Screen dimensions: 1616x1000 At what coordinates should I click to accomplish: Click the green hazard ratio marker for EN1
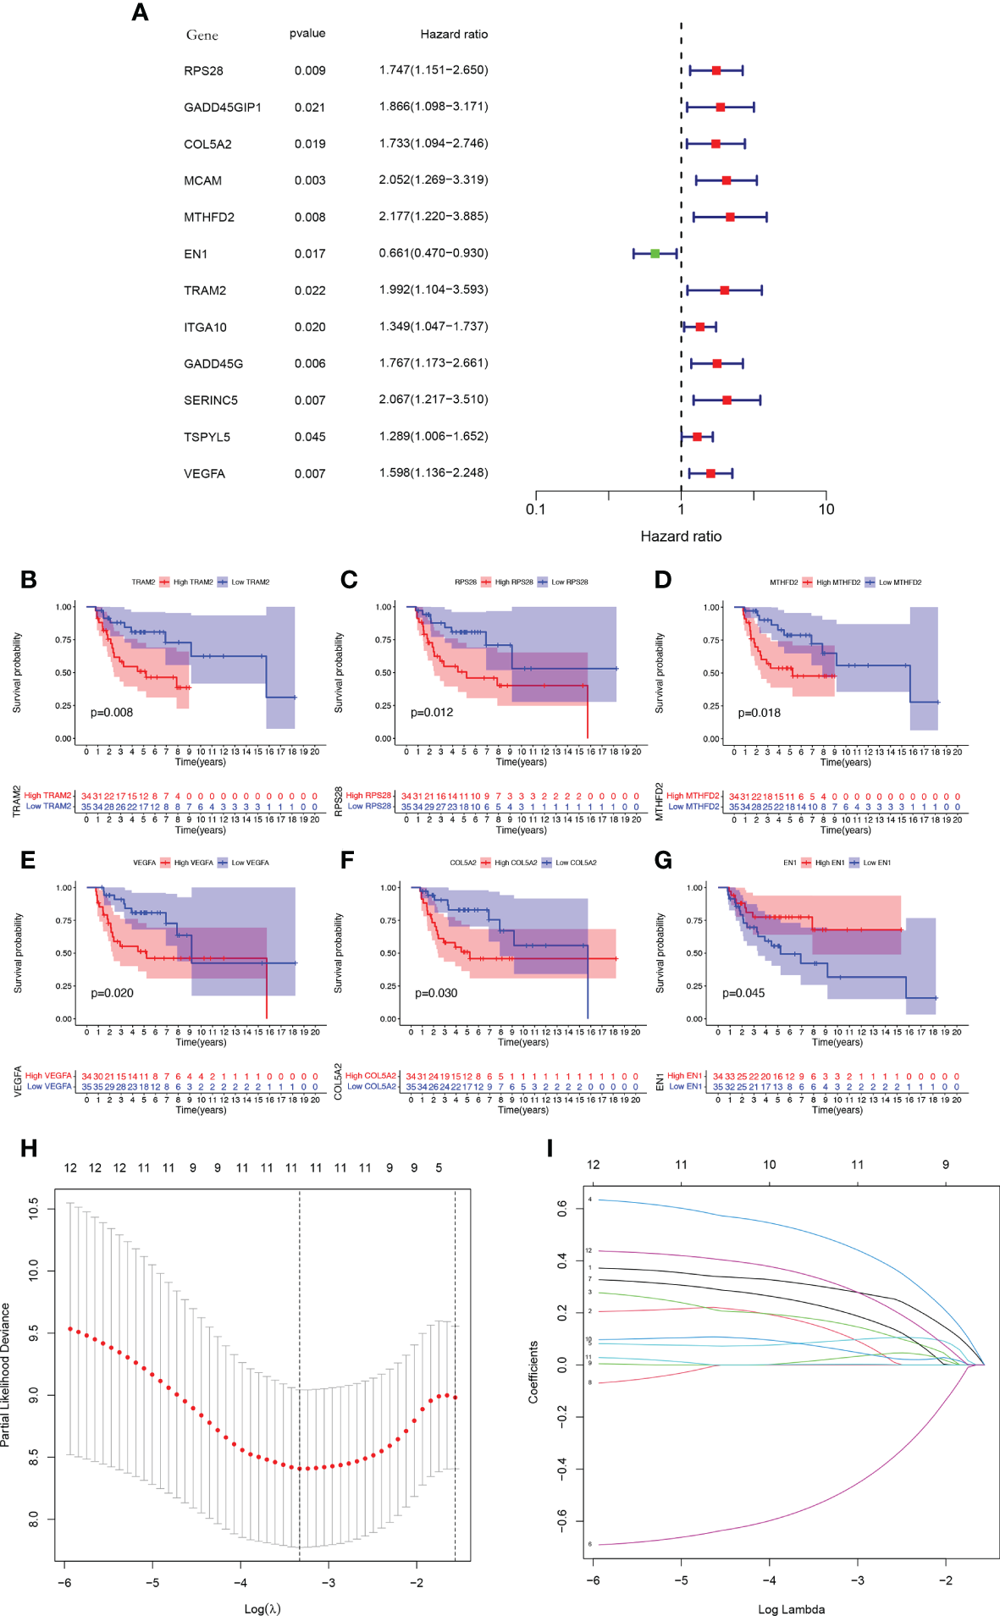pos(655,253)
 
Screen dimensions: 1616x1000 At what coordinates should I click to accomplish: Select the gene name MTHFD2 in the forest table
pos(209,218)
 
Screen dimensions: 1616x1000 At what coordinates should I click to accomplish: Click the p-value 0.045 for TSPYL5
pos(310,437)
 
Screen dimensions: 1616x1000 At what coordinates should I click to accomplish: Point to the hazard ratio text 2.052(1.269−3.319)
pos(434,179)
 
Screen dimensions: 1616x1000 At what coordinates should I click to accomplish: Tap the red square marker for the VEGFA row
pos(710,474)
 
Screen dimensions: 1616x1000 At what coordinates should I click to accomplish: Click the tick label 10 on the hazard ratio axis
pos(826,509)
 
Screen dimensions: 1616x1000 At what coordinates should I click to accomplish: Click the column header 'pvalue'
pos(307,33)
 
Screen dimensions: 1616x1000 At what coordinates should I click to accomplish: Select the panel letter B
pos(29,580)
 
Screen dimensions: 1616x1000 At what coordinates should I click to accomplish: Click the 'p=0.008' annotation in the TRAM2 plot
pos(112,712)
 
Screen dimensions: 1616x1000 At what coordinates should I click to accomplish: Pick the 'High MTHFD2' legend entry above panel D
pos(837,582)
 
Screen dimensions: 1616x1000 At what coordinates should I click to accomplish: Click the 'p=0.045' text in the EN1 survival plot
pos(743,993)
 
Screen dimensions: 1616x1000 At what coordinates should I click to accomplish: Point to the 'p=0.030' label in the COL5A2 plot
pos(436,993)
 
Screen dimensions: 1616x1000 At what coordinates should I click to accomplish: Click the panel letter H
pos(29,1148)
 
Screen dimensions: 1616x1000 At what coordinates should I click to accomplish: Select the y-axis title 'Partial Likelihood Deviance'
pos(7,1375)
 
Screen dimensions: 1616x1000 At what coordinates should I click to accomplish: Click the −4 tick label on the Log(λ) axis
pos(240,1582)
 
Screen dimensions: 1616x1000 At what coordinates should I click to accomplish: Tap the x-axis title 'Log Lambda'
pos(791,1609)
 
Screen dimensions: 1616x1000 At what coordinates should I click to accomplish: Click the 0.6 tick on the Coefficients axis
pos(562,1208)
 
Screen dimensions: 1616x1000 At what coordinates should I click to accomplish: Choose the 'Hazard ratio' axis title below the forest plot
pos(681,536)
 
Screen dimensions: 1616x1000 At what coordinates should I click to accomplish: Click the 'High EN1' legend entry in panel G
pos(829,863)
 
